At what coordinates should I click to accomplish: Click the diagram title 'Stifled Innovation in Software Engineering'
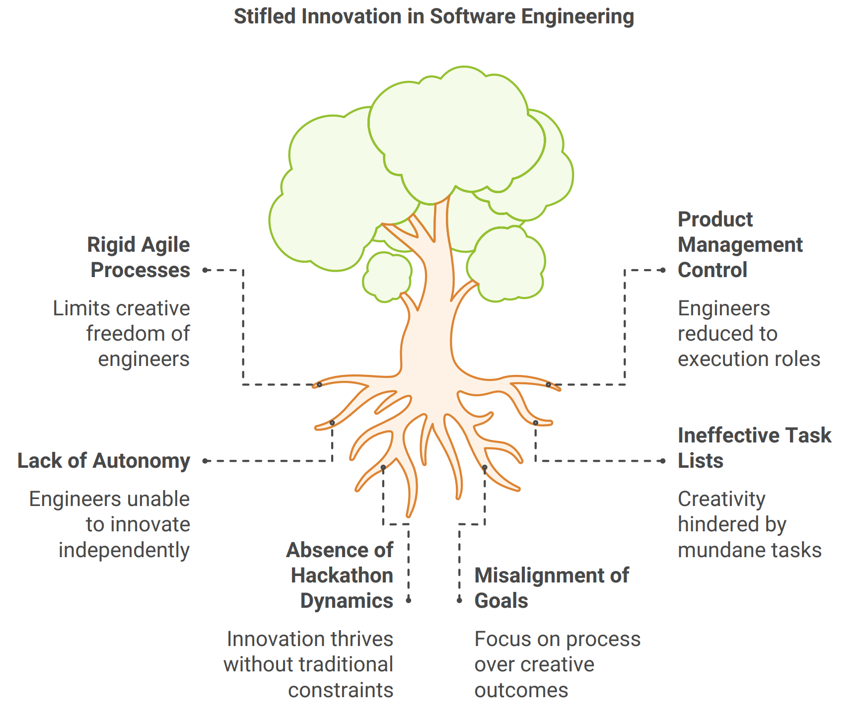[433, 16]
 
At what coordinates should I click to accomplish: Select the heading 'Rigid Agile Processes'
[139, 257]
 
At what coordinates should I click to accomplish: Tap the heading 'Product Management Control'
[739, 244]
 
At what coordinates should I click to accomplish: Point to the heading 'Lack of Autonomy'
[104, 461]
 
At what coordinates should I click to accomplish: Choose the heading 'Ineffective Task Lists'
[754, 448]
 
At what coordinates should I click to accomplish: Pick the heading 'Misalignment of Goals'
[551, 588]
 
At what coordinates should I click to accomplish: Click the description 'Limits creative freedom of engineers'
[122, 334]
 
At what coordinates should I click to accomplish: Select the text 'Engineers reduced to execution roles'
[748, 334]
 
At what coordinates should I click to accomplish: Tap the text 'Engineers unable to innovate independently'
[110, 524]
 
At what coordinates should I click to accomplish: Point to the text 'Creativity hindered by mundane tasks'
[749, 524]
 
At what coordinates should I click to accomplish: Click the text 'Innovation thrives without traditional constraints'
[309, 664]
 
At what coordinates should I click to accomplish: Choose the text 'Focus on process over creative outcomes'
[557, 664]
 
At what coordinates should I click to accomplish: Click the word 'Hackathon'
[342, 576]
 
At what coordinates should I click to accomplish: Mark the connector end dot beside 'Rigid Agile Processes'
[205, 270]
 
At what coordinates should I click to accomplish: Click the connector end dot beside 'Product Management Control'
[663, 270]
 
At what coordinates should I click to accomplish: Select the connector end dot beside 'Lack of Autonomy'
[205, 461]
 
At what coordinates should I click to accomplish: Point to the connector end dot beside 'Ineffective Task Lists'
[663, 461]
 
